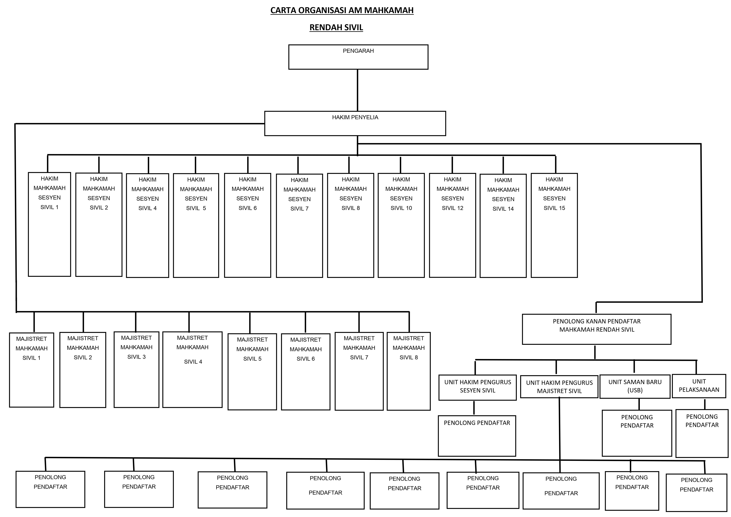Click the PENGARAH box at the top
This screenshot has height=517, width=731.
pyautogui.click(x=358, y=57)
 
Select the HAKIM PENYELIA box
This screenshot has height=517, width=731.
pyautogui.click(x=355, y=123)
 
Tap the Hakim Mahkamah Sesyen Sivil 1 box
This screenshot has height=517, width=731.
pyautogui.click(x=49, y=224)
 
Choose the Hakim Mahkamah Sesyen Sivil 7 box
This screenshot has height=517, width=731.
pyautogui.click(x=299, y=226)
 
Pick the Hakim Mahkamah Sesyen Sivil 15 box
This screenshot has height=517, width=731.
pyautogui.click(x=554, y=225)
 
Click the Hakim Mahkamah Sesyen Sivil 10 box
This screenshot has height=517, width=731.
pyautogui.click(x=401, y=225)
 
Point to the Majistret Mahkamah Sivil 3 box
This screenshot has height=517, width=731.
pyautogui.click(x=136, y=370)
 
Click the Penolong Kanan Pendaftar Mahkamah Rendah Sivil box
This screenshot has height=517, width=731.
pyautogui.click(x=597, y=329)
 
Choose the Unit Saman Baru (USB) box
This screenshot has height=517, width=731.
pyautogui.click(x=635, y=386)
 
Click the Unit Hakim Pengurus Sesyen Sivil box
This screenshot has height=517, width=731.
pyautogui.click(x=478, y=387)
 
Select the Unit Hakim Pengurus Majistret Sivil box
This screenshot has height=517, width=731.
pyautogui.click(x=559, y=387)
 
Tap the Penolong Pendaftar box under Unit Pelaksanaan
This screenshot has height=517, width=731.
pyautogui.click(x=702, y=434)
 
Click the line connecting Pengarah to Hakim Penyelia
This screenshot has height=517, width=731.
pyautogui.click(x=358, y=90)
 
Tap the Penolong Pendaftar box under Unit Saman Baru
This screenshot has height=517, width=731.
pyautogui.click(x=637, y=433)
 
